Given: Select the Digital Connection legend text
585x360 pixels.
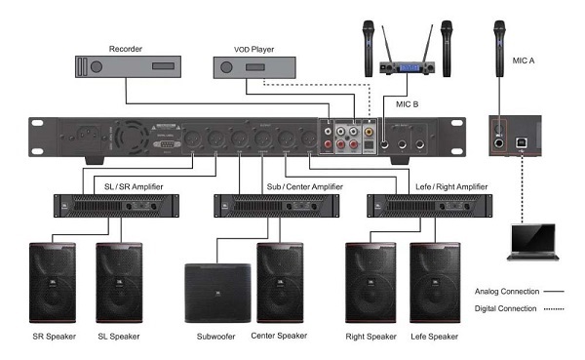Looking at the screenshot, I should click(x=505, y=308).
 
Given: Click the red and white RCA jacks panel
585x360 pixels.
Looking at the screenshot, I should click(x=345, y=138).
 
